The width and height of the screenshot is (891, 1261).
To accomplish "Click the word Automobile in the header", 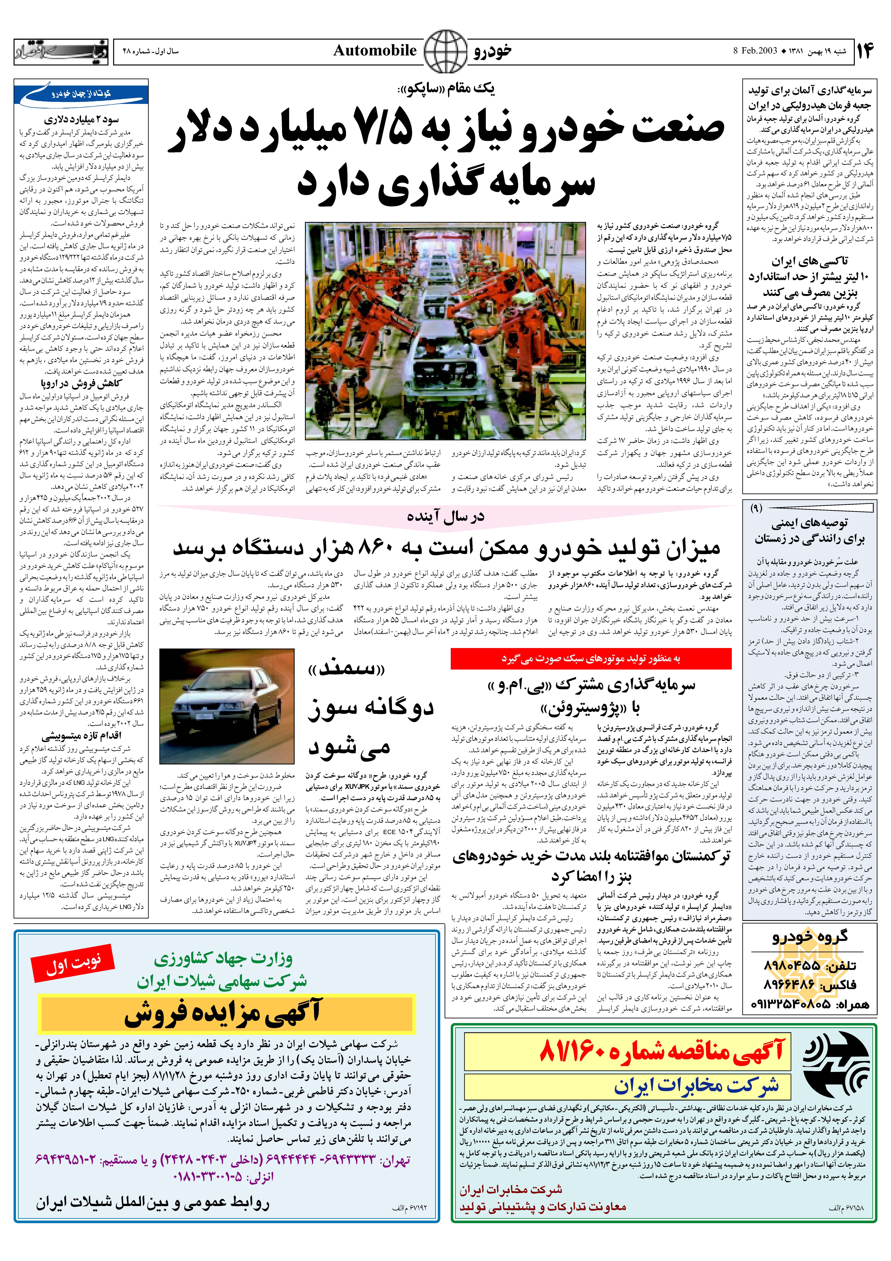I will coord(375,51).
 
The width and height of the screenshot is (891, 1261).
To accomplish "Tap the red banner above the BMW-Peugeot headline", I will coord(591,658).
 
